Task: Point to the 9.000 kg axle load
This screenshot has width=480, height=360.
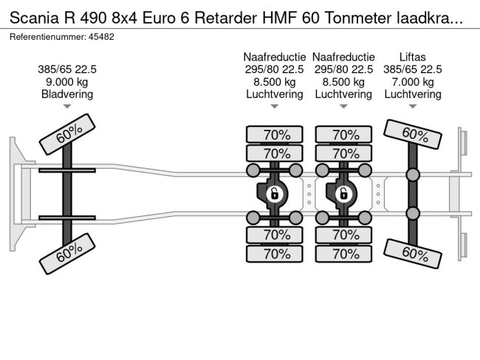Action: click(67, 82)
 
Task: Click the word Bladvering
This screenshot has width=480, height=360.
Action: click(67, 94)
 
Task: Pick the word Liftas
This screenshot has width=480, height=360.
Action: click(411, 57)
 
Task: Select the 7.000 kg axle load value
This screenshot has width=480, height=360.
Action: click(411, 82)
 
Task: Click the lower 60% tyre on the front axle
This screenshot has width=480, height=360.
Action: click(68, 252)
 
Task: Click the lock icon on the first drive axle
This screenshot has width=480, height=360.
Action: click(274, 194)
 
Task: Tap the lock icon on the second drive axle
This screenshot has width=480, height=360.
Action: click(343, 194)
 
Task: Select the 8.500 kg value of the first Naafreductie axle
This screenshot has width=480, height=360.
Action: click(275, 82)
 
